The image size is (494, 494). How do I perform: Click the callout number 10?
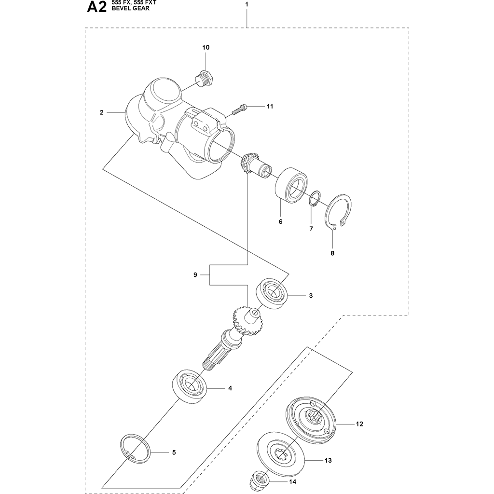tap(206, 48)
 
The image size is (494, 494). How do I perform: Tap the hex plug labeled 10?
tap(205, 78)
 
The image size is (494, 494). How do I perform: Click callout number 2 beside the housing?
tap(101, 112)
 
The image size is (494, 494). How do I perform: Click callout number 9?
tap(195, 275)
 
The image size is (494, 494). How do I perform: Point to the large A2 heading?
tap(96, 8)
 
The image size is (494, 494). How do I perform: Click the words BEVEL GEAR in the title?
tap(131, 9)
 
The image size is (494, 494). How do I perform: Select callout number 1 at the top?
tap(247, 4)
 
